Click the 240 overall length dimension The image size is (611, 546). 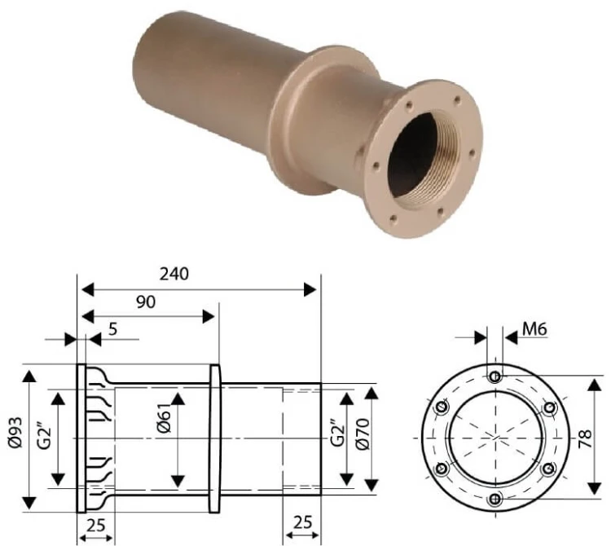(x=174, y=274)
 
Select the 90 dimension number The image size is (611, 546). (x=146, y=302)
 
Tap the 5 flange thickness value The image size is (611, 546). (x=112, y=329)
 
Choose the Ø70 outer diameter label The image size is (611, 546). (x=363, y=434)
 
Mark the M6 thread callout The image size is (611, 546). (x=534, y=329)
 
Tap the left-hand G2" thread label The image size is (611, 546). (x=46, y=434)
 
